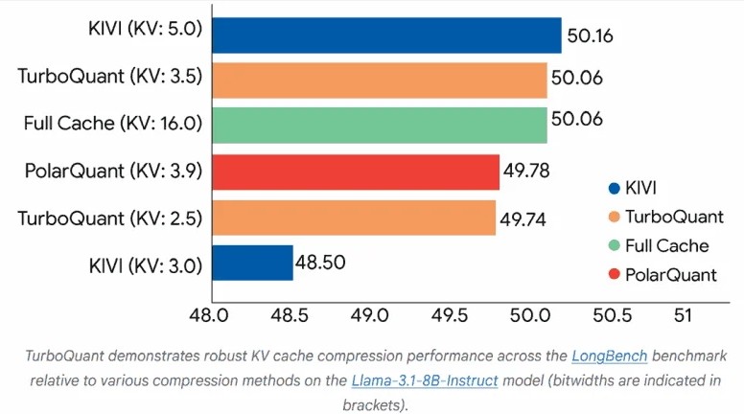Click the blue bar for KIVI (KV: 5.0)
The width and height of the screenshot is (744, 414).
(x=385, y=34)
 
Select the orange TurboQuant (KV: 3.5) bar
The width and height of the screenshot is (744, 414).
(x=379, y=80)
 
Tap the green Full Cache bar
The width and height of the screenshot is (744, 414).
(x=379, y=125)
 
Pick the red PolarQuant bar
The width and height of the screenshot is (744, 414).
(x=355, y=172)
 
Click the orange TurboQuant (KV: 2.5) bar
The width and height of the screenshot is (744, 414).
(x=353, y=218)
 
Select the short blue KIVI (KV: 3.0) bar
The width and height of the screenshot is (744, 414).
(x=252, y=263)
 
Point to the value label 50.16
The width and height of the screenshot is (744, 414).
(x=590, y=36)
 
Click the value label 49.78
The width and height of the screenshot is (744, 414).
(x=527, y=172)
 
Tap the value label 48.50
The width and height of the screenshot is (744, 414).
(x=321, y=262)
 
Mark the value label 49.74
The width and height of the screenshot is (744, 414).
(x=523, y=219)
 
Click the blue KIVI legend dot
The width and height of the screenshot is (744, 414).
(x=614, y=188)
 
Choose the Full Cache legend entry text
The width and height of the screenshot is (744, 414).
(x=667, y=245)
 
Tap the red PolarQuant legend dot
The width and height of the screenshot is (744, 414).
(x=614, y=275)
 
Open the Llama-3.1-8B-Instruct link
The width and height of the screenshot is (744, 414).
(x=425, y=380)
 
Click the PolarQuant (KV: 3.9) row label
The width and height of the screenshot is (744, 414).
(x=113, y=172)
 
